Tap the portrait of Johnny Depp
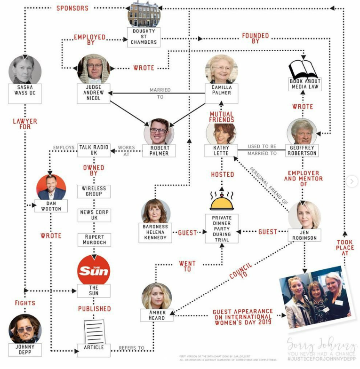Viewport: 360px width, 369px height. pos(25,329)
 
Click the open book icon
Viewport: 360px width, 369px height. pos(304,71)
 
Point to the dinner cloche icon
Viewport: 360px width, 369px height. pos(222,201)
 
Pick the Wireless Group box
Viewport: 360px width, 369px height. pos(94,191)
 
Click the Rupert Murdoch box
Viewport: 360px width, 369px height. pos(94,239)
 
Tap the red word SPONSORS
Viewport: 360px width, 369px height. pos(72,8)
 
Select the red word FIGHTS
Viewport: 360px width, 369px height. pos(25,303)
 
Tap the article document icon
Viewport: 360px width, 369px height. pos(94,332)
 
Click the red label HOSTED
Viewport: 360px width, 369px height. pos(222,174)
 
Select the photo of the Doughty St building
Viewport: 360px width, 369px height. pos(144,14)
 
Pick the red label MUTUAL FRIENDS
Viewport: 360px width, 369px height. pos(222,117)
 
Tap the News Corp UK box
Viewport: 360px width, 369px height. pos(94,215)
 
